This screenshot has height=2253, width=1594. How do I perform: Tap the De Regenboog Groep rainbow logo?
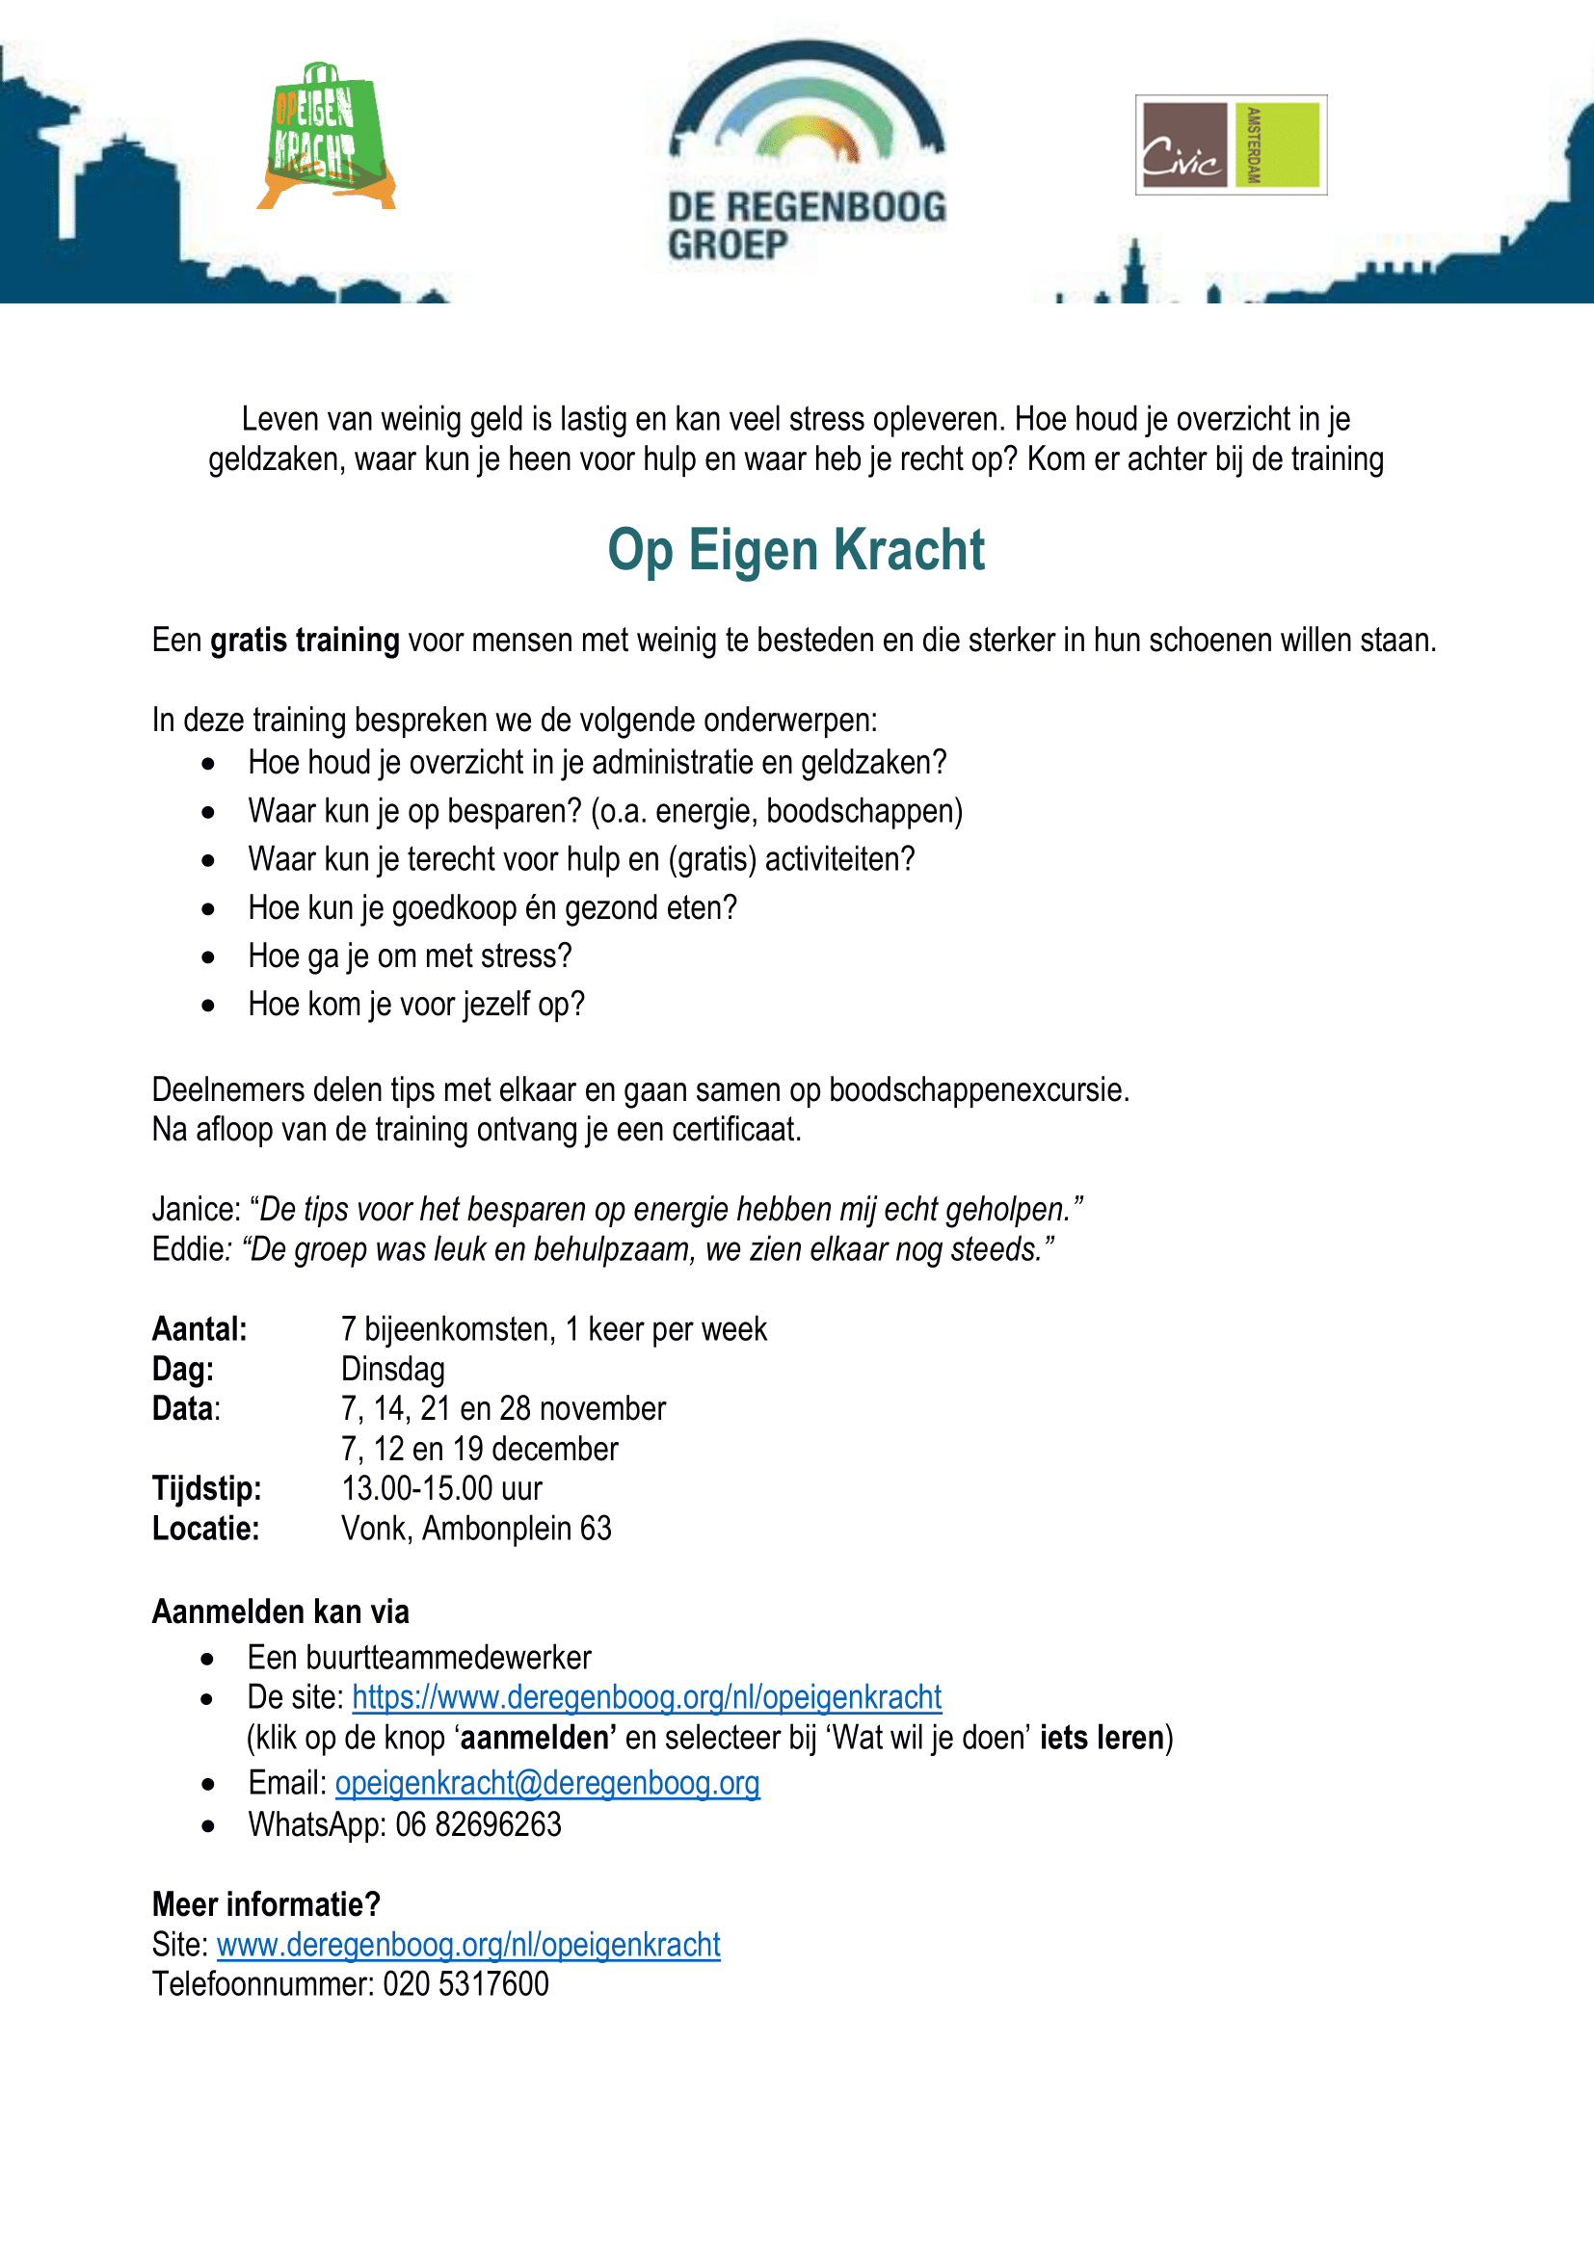click(x=807, y=152)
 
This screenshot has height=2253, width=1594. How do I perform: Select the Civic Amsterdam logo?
click(x=1230, y=145)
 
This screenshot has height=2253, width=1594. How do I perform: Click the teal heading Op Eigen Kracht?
click(x=796, y=551)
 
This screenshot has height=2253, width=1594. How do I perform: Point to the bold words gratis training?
click(x=305, y=641)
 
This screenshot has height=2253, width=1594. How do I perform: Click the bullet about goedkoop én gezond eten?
click(x=491, y=908)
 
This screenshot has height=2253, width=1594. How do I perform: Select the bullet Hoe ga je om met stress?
click(x=410, y=956)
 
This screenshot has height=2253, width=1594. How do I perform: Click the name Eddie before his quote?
click(x=188, y=1250)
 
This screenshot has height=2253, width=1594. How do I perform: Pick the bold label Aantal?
click(x=199, y=1329)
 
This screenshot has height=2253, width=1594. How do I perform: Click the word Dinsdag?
click(x=392, y=1370)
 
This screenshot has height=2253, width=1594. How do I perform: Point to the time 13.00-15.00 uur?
click(x=441, y=1489)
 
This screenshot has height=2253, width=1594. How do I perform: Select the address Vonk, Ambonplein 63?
click(x=476, y=1529)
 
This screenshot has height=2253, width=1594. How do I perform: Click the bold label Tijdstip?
click(x=206, y=1489)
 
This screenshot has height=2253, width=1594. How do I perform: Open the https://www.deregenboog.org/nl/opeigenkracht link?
click(x=646, y=1697)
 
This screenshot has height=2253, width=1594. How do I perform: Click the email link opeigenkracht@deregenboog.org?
click(x=546, y=1783)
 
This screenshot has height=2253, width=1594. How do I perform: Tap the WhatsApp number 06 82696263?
click(x=478, y=1825)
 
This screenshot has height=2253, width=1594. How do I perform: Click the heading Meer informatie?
click(x=265, y=1904)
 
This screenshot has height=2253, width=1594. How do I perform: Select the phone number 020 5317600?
click(x=465, y=1984)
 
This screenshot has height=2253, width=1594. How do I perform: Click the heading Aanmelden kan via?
click(x=279, y=1612)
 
